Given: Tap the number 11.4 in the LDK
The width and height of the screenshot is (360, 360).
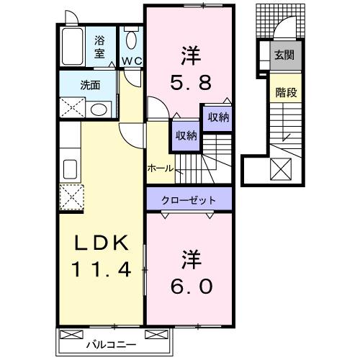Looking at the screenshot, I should point(100,271).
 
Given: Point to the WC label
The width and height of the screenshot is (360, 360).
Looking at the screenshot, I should point(131,61).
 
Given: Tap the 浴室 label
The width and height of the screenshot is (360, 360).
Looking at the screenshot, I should point(99,47).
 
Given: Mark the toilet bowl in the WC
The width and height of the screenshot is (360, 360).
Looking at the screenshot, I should point(131,40).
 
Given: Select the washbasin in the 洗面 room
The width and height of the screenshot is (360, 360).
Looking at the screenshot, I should point(100,109).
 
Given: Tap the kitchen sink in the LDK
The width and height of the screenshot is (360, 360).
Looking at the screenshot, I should point(71,170).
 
